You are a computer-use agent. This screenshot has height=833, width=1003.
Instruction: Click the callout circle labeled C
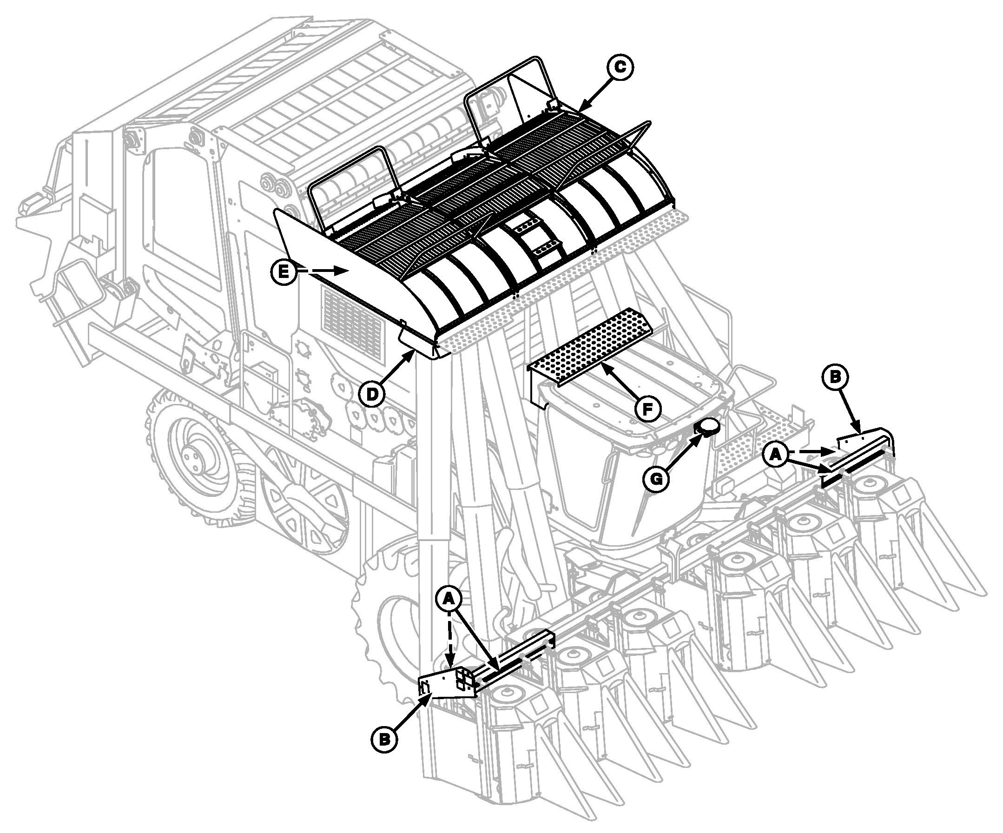620,67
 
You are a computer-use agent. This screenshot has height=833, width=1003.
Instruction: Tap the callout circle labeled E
284,271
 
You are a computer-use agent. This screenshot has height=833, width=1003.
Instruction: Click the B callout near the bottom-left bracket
384,739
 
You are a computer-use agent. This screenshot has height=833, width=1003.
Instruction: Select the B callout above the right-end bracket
835,377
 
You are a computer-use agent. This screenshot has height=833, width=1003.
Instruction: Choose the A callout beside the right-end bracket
776,454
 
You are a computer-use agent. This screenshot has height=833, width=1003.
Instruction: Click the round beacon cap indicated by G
709,427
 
